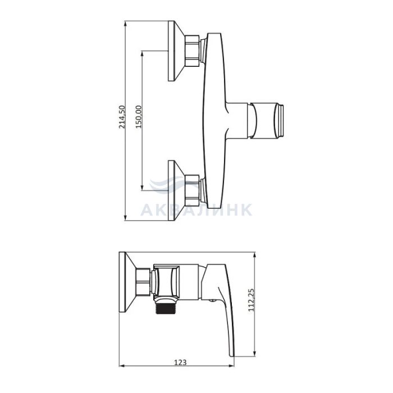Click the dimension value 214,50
(x=122, y=117)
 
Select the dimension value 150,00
(x=139, y=117)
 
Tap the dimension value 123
(x=180, y=362)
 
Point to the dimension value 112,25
(x=251, y=300)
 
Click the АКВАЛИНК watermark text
(x=196, y=210)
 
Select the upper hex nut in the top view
(x=192, y=51)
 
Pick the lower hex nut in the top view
(x=192, y=190)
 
